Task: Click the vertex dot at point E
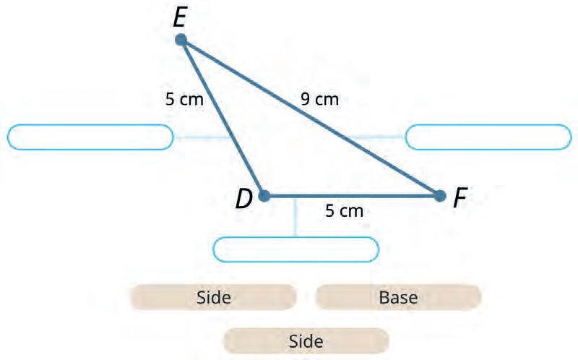pyautogui.click(x=181, y=40)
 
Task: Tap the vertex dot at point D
pyautogui.click(x=264, y=195)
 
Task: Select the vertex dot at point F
pyautogui.click(x=439, y=195)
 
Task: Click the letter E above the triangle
pyautogui.click(x=180, y=17)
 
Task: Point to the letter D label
pyautogui.click(x=243, y=199)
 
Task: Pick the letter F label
pyautogui.click(x=460, y=197)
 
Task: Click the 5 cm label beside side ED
pyautogui.click(x=184, y=100)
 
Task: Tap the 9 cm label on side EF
pyautogui.click(x=319, y=100)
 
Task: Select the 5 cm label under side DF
pyautogui.click(x=344, y=211)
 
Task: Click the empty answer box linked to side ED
pyautogui.click(x=90, y=137)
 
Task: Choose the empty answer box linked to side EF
pyautogui.click(x=488, y=137)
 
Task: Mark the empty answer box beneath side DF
pyautogui.click(x=296, y=249)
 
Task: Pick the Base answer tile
pyautogui.click(x=398, y=296)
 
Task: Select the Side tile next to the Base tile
pyautogui.click(x=213, y=296)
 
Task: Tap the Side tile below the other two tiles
pyautogui.click(x=306, y=340)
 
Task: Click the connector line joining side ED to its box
pyautogui.click(x=202, y=136)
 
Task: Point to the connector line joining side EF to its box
pyautogui.click(x=376, y=136)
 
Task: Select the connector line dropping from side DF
pyautogui.click(x=296, y=217)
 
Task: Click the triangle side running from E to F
pyautogui.click(x=311, y=118)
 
